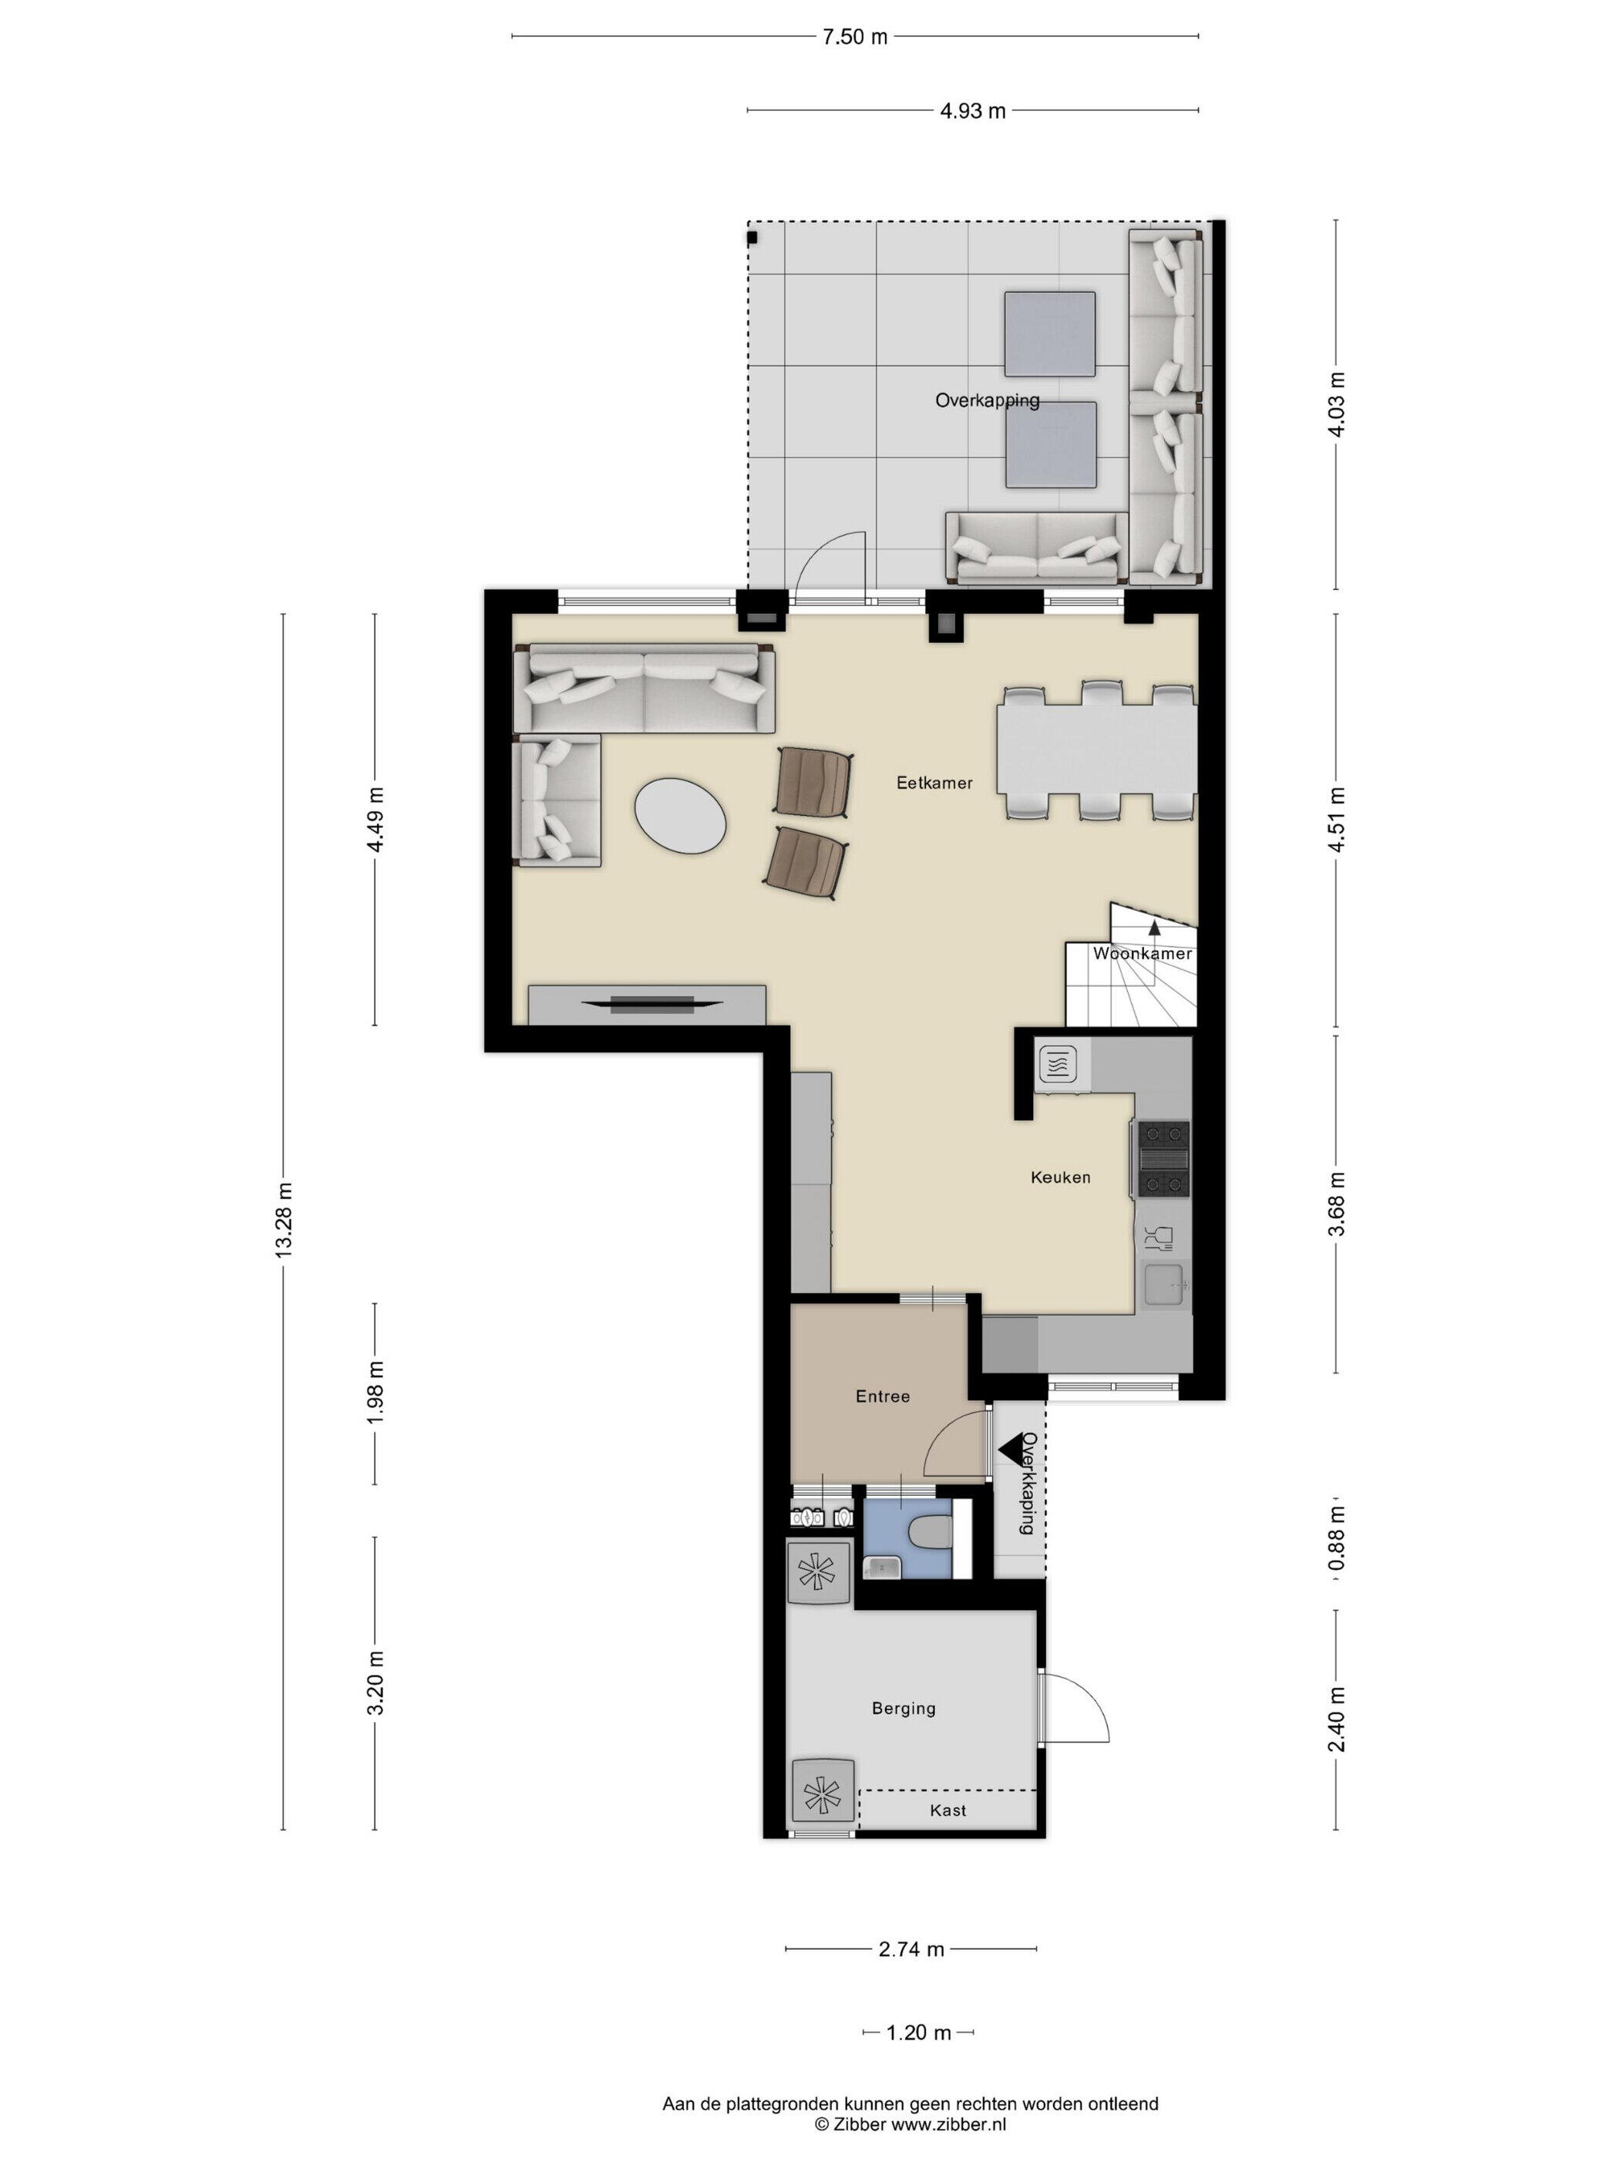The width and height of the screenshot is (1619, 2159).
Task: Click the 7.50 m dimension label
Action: (855, 37)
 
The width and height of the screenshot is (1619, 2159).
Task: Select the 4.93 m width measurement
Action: (972, 111)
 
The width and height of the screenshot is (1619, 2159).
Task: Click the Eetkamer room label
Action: (934, 783)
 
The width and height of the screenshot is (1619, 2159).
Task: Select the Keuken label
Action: (1061, 1177)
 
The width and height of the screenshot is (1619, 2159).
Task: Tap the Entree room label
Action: (882, 1396)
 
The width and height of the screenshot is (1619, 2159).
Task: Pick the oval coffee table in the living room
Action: (680, 815)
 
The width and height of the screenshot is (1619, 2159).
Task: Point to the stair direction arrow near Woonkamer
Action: (1154, 928)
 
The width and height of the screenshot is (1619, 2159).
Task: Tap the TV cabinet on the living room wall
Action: (646, 1005)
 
